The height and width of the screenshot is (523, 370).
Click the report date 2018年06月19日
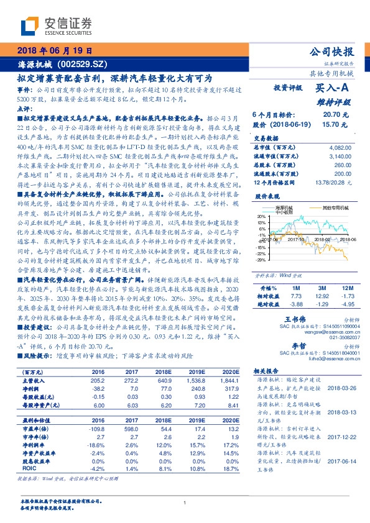tap(55, 51)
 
